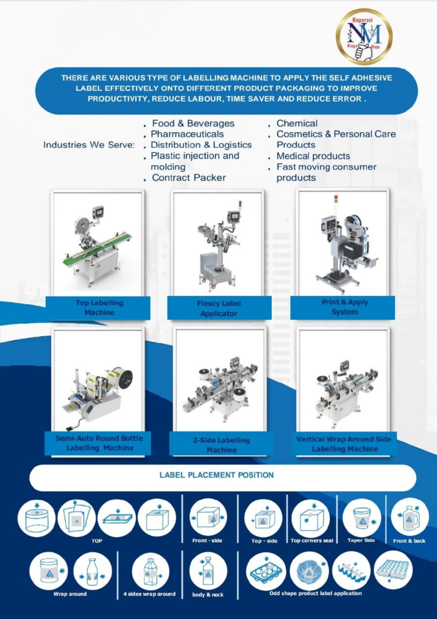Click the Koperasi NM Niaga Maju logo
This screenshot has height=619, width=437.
[364, 37]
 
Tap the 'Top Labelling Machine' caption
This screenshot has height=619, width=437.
[99, 308]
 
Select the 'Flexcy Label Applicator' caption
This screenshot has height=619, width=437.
[219, 309]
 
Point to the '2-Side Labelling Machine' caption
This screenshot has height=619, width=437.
[221, 445]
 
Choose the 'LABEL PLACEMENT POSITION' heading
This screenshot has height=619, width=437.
[217, 475]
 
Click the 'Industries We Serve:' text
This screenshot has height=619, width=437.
[89, 145]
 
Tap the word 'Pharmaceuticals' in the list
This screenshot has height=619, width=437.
[187, 134]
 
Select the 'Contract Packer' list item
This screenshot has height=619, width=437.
[189, 178]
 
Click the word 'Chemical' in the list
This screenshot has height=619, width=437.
[297, 124]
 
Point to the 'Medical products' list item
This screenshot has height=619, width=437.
[313, 156]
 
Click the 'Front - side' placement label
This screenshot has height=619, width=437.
[207, 541]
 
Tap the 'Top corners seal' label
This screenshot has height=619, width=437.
[312, 541]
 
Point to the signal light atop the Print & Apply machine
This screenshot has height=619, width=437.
[336, 199]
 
